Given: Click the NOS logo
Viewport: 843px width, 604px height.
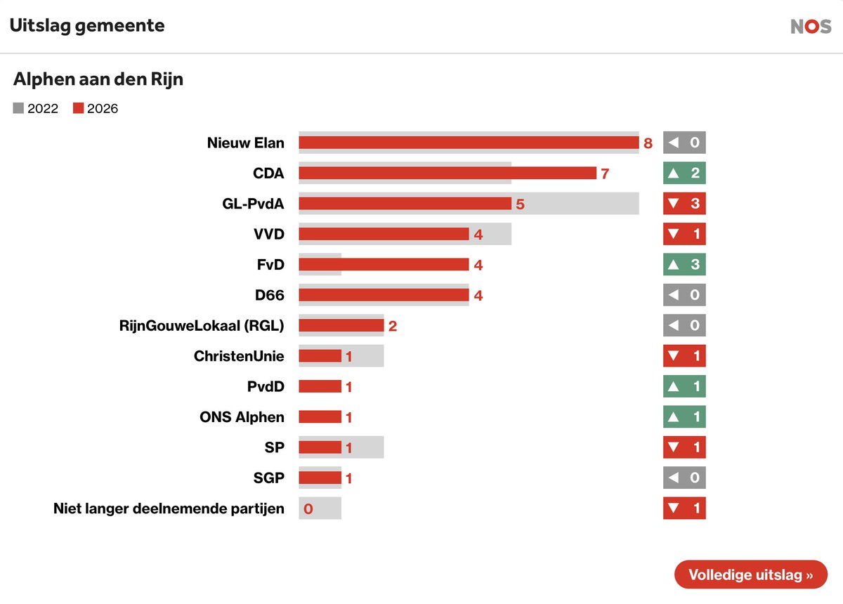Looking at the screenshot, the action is coord(811,27).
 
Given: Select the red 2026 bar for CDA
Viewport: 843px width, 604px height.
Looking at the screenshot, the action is coord(447,173).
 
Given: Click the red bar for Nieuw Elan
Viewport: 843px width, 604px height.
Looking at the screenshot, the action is coord(469,143).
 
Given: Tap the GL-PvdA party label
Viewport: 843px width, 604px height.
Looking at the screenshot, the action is coord(253,204).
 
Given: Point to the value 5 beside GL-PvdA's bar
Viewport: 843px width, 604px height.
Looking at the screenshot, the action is coord(520,204).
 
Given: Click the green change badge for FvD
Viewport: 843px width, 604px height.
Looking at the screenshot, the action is coord(684,264).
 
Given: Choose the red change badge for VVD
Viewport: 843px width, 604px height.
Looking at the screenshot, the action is coord(684,234).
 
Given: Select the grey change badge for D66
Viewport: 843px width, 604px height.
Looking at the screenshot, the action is coord(684,295).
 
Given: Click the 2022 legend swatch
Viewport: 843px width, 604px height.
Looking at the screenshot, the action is coord(18,108).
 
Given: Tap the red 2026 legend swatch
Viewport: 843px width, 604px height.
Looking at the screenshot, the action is coord(78,108).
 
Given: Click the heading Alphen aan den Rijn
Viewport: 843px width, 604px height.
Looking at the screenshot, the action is coord(98,79).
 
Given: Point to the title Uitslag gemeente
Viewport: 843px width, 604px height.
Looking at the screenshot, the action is coord(87,26).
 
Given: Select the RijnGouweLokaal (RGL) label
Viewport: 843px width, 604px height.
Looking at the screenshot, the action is coord(202,325).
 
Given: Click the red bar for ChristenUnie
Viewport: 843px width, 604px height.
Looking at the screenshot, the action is coord(320,356).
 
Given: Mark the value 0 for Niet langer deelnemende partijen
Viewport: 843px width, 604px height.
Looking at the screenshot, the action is coord(308,508).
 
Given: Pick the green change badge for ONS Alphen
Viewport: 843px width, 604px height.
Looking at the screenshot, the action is coord(684,416).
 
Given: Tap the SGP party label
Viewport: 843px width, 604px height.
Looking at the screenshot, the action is coord(268,478).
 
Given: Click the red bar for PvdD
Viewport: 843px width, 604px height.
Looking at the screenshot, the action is coord(320,386).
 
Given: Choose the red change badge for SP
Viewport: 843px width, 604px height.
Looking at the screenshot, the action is coord(684,447).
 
